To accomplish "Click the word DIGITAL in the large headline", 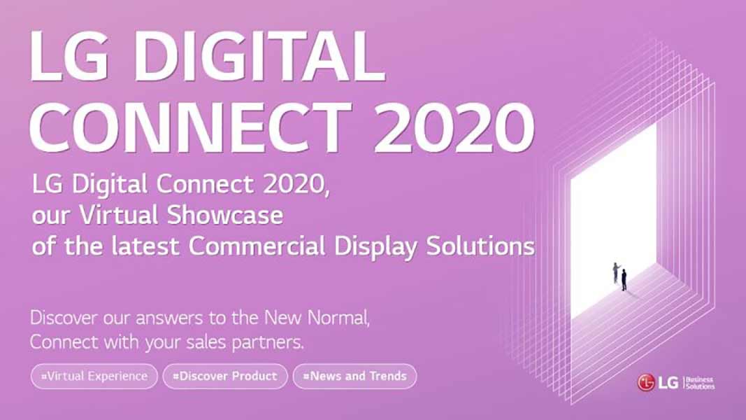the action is coord(260,56).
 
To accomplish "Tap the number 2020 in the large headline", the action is coord(455,128).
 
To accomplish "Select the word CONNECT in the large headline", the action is coord(191,128).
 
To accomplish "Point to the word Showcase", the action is coord(225,215).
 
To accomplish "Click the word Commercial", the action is coord(257,246).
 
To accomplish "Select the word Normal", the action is coord(338,318).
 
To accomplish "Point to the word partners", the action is coord(268,342).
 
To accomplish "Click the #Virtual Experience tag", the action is coord(94,376).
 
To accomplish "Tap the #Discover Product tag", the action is coord(225,376).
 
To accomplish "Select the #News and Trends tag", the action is coord(355,376).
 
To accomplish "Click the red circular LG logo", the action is coord(645,382).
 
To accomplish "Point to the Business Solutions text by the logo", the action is coord(700,383).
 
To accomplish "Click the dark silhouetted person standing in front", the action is coord(624,280).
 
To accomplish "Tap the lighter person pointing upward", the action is coord(616,273).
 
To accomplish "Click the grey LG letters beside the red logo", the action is coord(668,382).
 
